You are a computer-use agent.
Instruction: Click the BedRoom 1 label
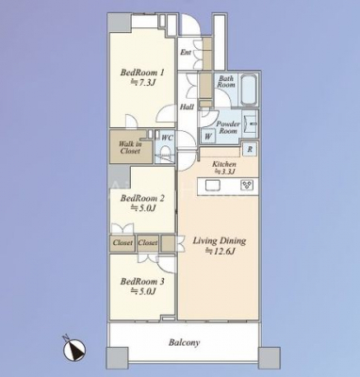[x=142, y=73]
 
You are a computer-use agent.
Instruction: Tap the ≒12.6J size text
[x=221, y=251]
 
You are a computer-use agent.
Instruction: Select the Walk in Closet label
[x=129, y=147]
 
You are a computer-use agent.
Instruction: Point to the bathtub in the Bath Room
[x=249, y=90]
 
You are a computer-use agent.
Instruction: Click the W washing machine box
[x=208, y=137]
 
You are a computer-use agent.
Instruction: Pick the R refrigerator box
[x=250, y=149]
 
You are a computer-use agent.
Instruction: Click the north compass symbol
[x=74, y=349]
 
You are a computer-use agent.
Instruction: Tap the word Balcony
[x=184, y=342]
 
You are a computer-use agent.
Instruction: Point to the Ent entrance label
[x=186, y=52]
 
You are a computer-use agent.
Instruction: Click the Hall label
[x=187, y=107]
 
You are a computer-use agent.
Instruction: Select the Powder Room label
[x=228, y=127]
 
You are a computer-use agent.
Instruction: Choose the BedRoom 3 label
[x=142, y=281]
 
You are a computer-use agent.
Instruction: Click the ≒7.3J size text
[x=143, y=83]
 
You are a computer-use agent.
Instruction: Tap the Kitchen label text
[x=224, y=164]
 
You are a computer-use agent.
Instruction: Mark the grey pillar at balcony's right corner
[x=270, y=358]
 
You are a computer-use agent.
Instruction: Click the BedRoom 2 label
[x=142, y=199]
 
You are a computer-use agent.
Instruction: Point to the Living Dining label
[x=220, y=241]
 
